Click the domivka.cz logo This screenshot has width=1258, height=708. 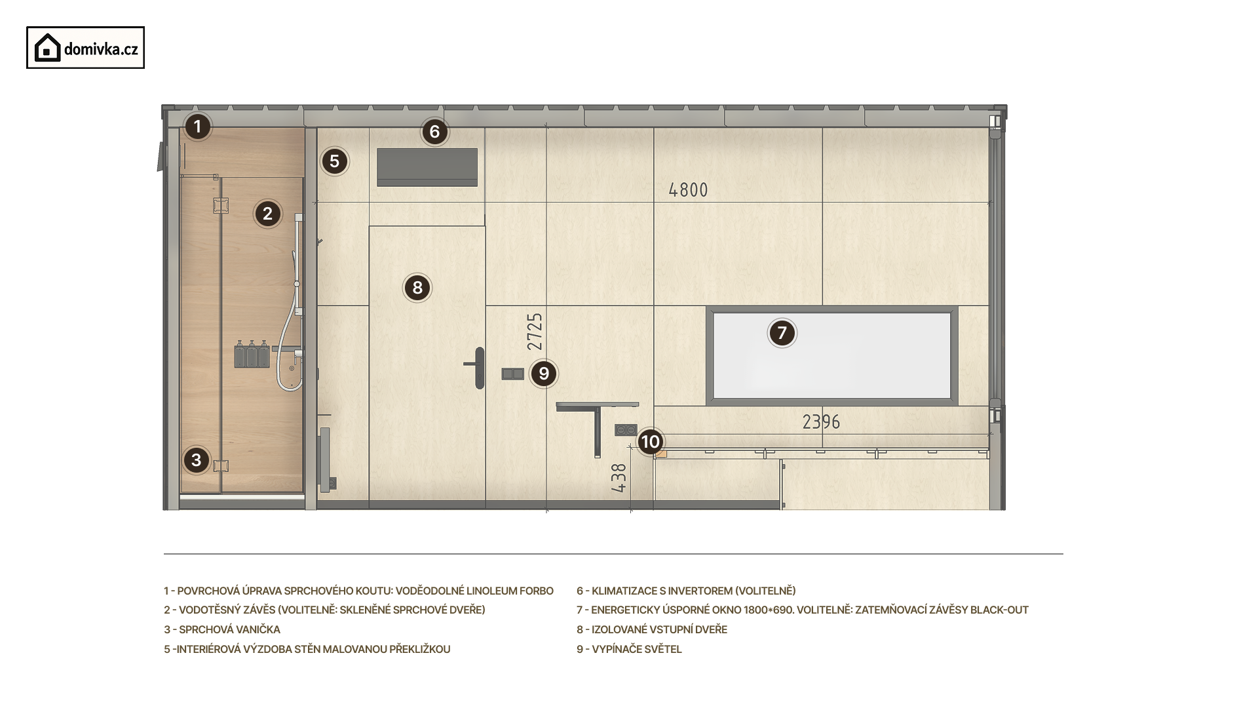pos(85,48)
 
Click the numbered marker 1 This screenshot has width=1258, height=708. pos(197,127)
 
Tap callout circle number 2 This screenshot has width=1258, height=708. pos(267,214)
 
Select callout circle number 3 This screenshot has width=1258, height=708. pos(197,460)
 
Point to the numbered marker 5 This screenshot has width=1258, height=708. pos(335,161)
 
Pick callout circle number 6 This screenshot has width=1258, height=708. pos(434,132)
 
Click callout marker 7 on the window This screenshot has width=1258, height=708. pos(782,333)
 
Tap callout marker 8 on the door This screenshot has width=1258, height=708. pos(417,288)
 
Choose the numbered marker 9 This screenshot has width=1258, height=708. pos(544,374)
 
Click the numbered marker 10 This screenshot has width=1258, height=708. pos(650,442)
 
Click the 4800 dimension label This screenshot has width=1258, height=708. pos(688,190)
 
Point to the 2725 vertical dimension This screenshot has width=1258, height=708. pos(535,332)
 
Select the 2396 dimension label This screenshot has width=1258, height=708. pos(821,422)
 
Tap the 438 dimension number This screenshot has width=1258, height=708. pos(619,478)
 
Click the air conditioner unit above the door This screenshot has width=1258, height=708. pos(427,167)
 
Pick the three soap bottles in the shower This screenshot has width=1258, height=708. pos(252,354)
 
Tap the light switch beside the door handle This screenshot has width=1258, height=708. pos(512,374)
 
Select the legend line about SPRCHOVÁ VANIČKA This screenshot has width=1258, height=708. pos(222,629)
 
